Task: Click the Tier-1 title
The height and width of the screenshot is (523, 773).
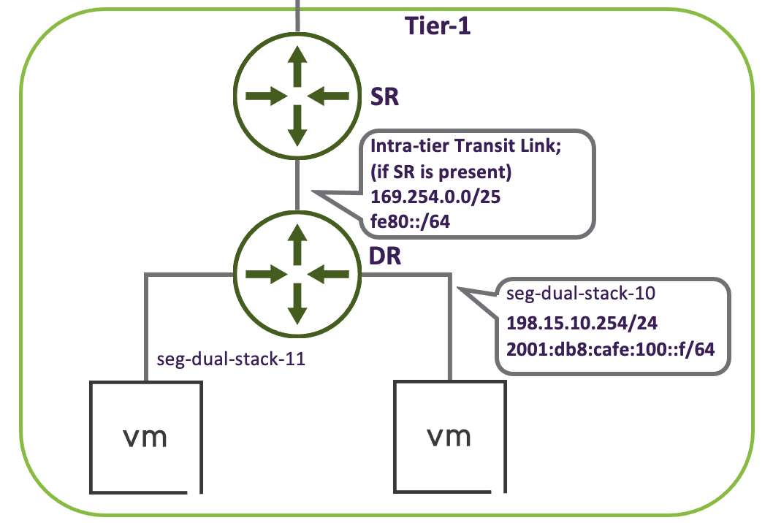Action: [438, 27]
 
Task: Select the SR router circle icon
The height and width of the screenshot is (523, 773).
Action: [297, 96]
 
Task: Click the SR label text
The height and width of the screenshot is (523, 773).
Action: [384, 98]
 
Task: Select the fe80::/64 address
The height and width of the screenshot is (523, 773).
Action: [408, 221]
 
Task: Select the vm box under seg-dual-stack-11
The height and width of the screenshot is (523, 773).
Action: [145, 435]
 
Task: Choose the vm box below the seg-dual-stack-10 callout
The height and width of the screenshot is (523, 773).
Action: [449, 435]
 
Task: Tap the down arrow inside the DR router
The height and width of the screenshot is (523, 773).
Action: [297, 305]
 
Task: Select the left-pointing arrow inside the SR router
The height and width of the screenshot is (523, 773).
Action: [330, 96]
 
